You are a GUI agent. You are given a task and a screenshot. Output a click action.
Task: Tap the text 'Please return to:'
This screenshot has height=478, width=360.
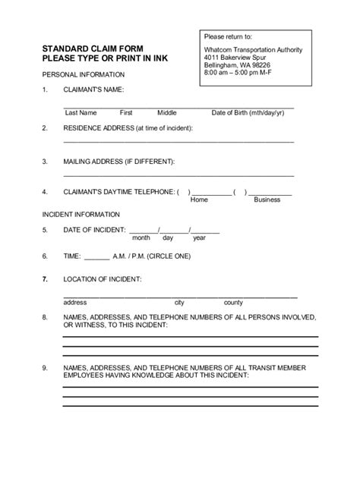point(228,36)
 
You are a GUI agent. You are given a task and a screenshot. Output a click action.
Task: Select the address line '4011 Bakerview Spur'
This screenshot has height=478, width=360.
point(236,57)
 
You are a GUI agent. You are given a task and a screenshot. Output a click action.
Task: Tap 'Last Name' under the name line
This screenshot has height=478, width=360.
point(80,112)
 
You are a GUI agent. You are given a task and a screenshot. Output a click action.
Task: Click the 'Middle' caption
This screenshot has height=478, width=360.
point(167,112)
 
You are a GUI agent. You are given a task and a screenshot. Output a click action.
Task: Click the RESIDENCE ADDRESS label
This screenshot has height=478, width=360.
point(128,128)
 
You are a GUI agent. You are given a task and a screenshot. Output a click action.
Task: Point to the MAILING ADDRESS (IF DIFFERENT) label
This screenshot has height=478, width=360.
point(119,161)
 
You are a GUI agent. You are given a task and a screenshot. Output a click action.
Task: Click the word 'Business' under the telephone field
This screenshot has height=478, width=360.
point(267,200)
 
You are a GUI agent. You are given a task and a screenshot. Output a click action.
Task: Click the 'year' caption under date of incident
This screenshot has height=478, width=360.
point(199,237)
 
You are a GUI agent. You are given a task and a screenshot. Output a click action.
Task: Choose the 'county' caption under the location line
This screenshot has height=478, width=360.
point(233,302)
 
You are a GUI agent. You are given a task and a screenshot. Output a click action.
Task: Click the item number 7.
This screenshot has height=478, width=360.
point(45,279)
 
